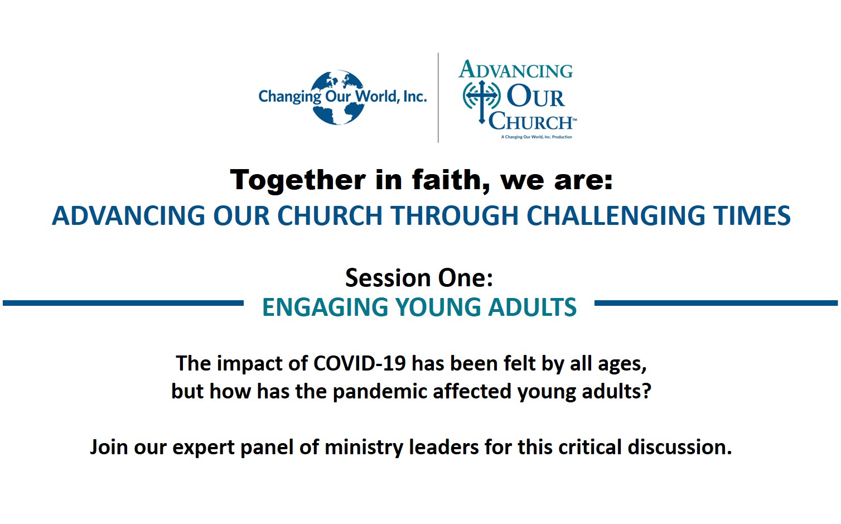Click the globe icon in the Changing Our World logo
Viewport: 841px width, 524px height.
338,97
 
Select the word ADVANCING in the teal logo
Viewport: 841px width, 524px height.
515,70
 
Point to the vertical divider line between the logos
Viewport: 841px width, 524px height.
438,98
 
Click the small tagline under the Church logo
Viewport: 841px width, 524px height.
536,137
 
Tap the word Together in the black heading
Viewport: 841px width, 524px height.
298,180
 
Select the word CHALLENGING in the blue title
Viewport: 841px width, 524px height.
616,215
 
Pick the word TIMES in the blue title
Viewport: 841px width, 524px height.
752,215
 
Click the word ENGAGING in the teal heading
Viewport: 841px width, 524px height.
325,307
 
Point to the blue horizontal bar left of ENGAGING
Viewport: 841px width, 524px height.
123,303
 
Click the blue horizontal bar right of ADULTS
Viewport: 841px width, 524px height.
716,303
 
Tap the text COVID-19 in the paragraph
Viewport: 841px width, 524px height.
360,364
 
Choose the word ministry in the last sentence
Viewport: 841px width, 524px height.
364,448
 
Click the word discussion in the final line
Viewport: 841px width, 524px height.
680,447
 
